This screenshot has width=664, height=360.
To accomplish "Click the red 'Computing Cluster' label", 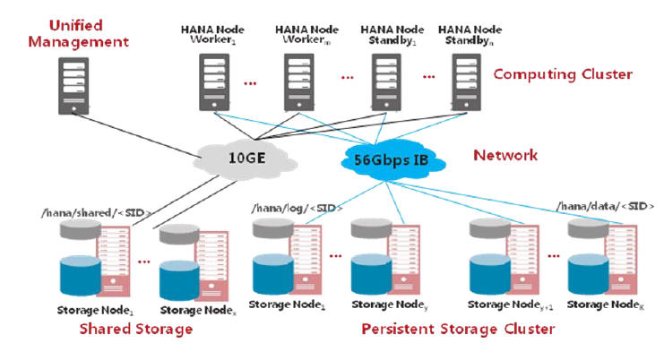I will (563, 74).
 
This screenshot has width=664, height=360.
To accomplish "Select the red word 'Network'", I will (505, 155).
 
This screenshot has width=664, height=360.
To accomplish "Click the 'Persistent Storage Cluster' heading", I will (458, 329).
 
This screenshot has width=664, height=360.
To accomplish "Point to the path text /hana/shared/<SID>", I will (96, 211).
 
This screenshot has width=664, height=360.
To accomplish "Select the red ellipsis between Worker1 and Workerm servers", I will (251, 82).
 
